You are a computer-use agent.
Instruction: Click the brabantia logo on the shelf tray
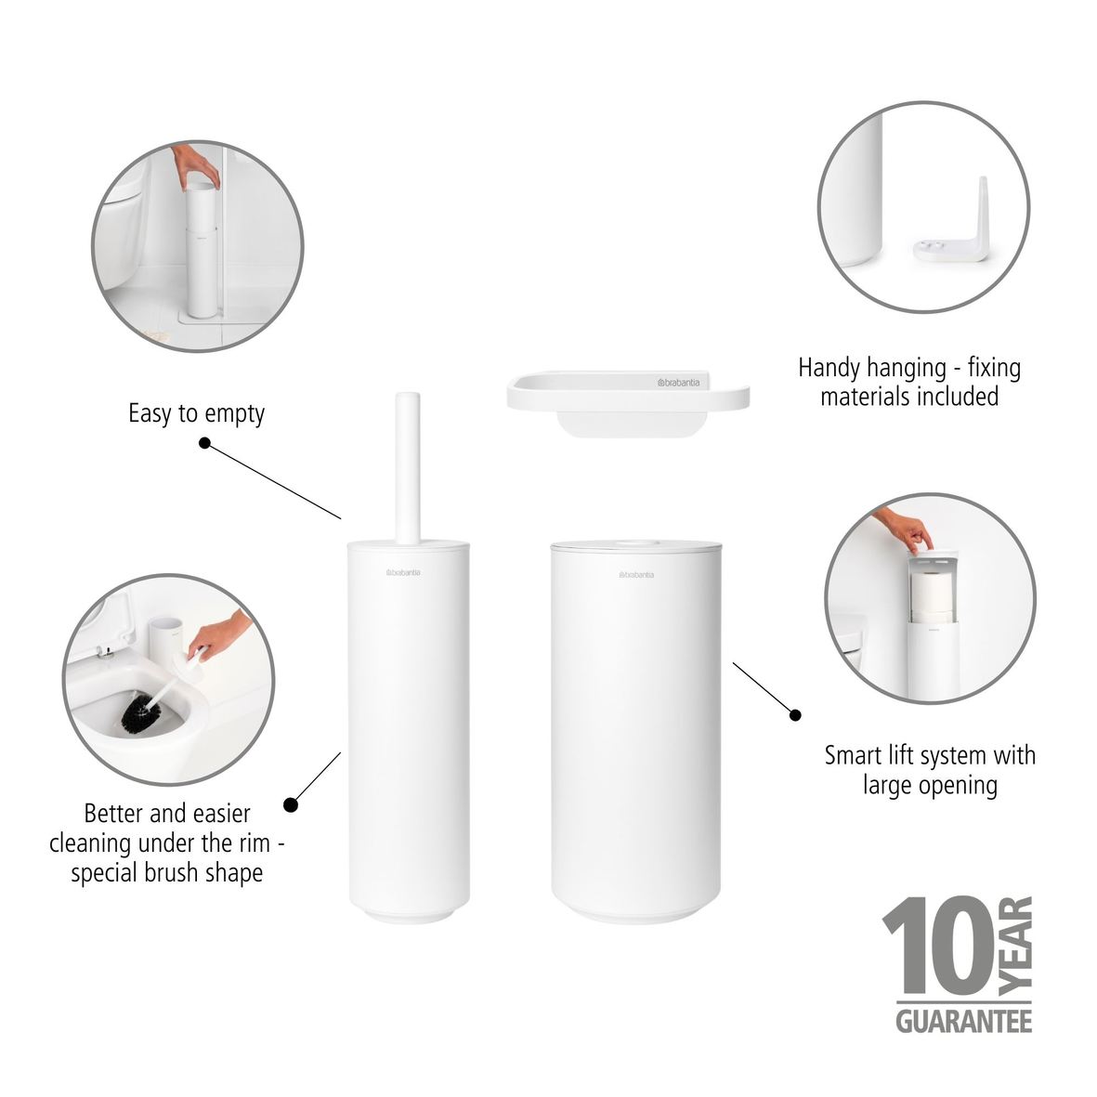pos(678,383)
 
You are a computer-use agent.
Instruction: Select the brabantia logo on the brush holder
pos(403,572)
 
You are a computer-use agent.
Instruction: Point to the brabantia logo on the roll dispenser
pos(636,575)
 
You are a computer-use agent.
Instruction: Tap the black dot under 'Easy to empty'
pos(204,444)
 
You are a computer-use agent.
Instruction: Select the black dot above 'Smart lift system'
pos(795,714)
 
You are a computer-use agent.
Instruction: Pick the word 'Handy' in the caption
pos(829,368)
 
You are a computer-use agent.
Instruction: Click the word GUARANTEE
pos(963,1021)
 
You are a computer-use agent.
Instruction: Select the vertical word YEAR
pos(1019,944)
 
